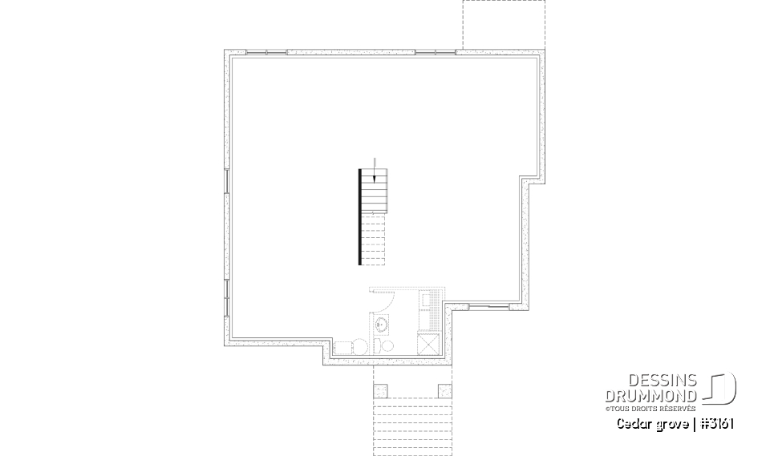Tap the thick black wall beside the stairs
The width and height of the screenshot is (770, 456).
[360, 216]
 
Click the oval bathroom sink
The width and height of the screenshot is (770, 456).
[382, 325]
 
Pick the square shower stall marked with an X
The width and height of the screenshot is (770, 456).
[428, 345]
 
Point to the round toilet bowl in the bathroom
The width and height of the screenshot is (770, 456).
[388, 345]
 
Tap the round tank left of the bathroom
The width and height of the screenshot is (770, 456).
[361, 346]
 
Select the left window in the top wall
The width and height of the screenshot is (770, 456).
[265, 52]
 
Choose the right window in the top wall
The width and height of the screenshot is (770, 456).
[435, 52]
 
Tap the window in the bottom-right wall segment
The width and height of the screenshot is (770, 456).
[488, 306]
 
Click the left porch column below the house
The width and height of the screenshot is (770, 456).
[381, 390]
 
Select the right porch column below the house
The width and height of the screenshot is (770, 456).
[444, 390]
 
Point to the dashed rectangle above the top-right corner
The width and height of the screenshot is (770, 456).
[496, 24]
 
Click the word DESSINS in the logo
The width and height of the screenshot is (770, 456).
[666, 381]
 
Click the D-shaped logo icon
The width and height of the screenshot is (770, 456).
[721, 388]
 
